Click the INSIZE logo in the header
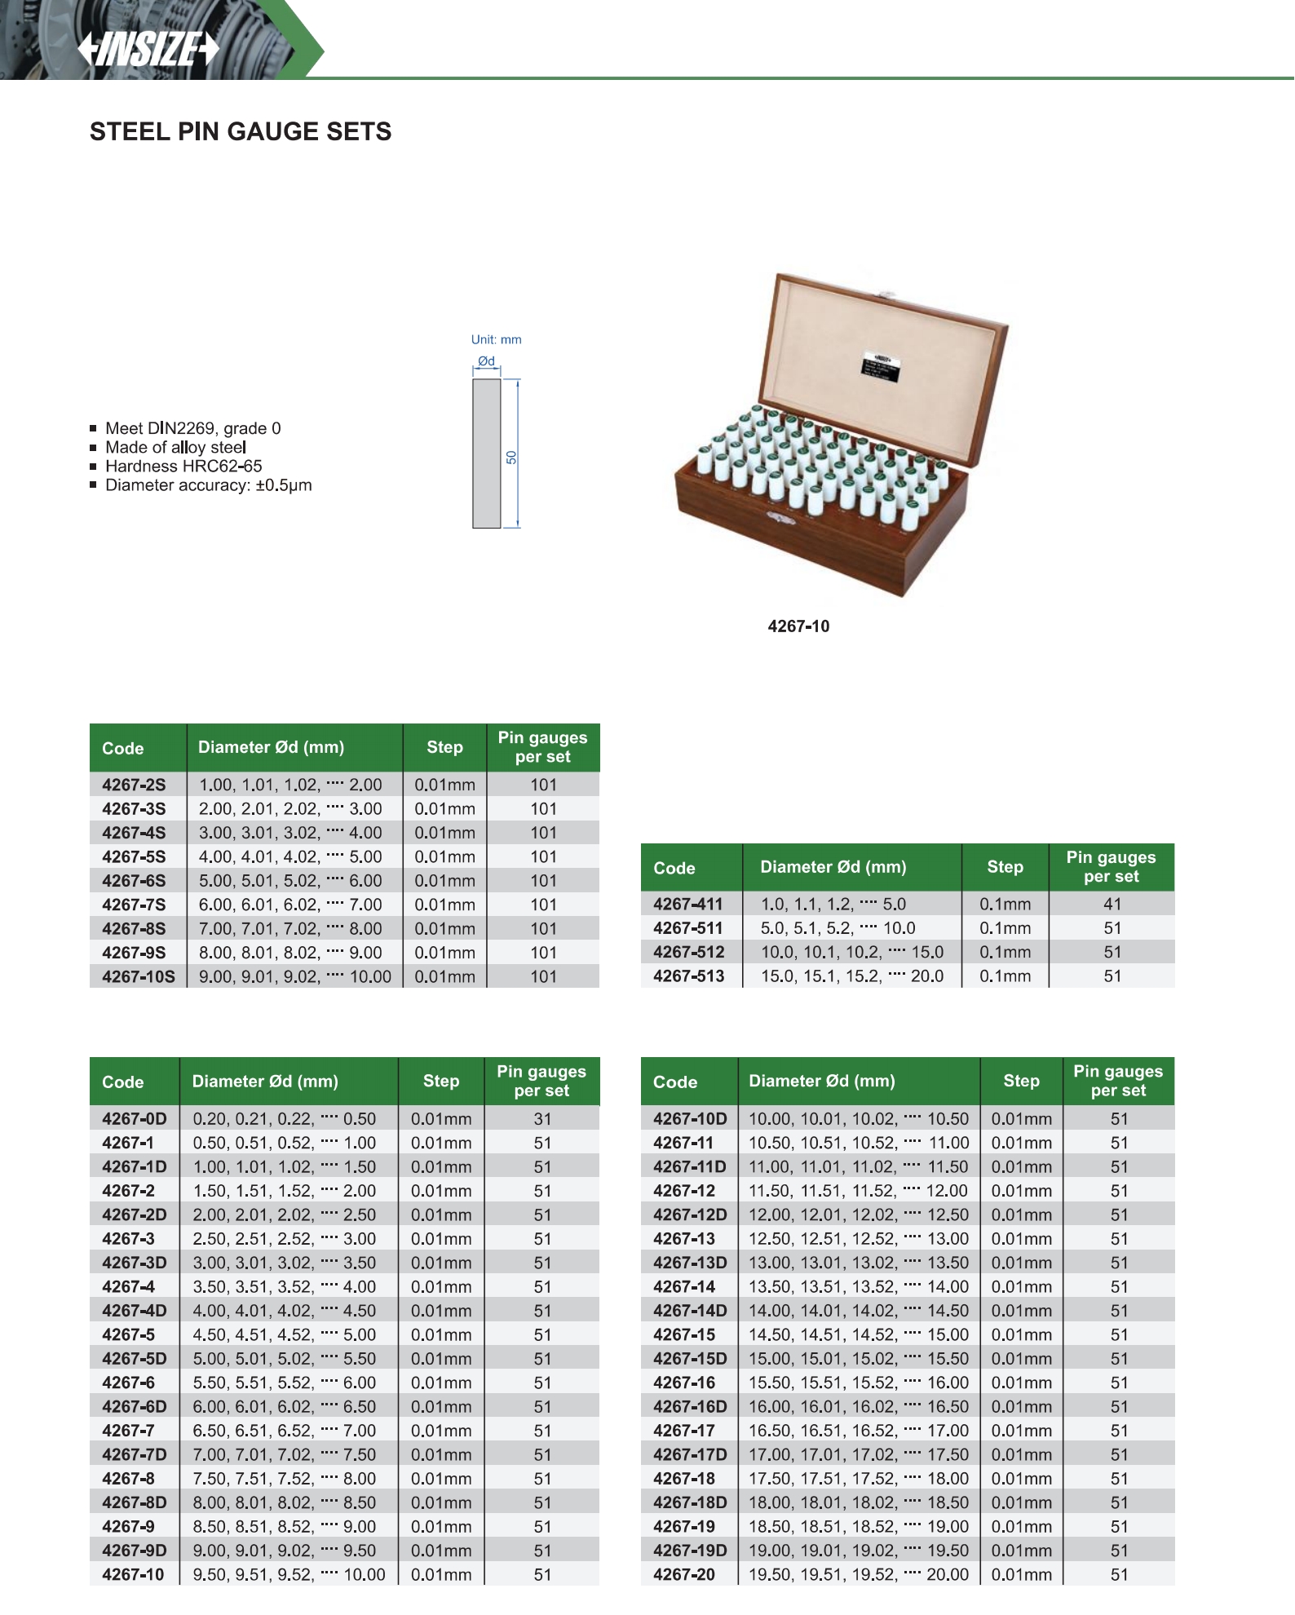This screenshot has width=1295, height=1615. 148,49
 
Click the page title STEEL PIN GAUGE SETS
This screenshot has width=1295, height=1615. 241,131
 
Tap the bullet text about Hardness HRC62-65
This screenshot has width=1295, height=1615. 183,467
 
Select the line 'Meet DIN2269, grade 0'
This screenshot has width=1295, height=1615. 192,428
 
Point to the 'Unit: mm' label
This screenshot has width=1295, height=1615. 496,339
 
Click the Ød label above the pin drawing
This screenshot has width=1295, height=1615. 486,361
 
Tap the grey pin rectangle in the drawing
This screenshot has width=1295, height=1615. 487,453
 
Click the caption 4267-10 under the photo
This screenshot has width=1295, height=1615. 798,626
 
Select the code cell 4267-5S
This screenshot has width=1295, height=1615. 134,856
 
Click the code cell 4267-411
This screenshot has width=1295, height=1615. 688,904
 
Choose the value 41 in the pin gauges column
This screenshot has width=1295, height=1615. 1112,904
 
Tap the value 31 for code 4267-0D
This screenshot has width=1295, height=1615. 542,1119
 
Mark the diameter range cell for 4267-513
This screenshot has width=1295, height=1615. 852,976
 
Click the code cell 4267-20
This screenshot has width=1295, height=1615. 684,1574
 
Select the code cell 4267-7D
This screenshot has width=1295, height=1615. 134,1454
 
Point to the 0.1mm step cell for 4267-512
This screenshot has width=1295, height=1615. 1006,952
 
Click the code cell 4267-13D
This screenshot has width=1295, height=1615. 690,1263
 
